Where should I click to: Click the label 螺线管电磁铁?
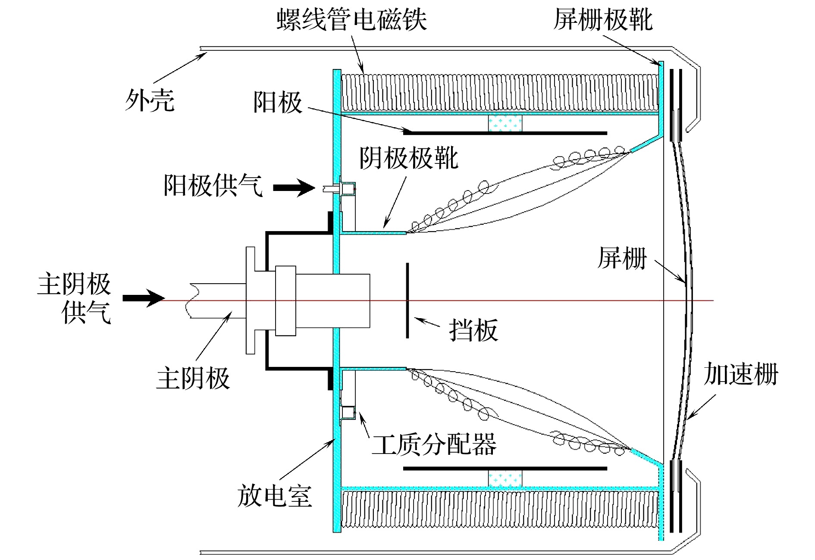pyautogui.click(x=351, y=20)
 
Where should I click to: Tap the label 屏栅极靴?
pyautogui.click(x=603, y=20)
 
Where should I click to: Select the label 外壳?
pyautogui.click(x=150, y=100)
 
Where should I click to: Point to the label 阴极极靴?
pyautogui.click(x=408, y=158)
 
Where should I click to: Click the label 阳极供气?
pyautogui.click(x=213, y=185)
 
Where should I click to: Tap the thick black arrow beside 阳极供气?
pyautogui.click(x=294, y=188)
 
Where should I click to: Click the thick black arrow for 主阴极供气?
pyautogui.click(x=143, y=298)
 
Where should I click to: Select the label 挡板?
pyautogui.click(x=473, y=331)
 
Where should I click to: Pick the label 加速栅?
pyautogui.click(x=741, y=374)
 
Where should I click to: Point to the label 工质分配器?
pyautogui.click(x=434, y=444)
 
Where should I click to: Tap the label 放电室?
pyautogui.click(x=274, y=496)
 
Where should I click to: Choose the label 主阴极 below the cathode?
pyautogui.click(x=193, y=379)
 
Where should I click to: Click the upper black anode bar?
pyautogui.click(x=505, y=133)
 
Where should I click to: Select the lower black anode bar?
pyautogui.click(x=505, y=468)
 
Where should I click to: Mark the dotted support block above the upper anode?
pyautogui.click(x=505, y=123)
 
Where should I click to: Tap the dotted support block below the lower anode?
pyautogui.click(x=505, y=479)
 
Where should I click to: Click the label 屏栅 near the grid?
pyautogui.click(x=622, y=258)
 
